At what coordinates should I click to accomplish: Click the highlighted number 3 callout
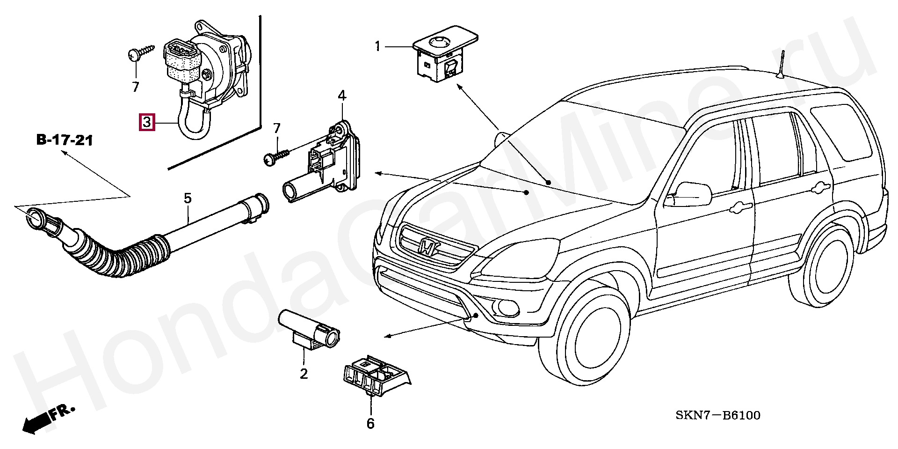click(x=147, y=122)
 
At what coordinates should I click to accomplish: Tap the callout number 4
click(x=342, y=96)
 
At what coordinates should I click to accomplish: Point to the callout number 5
click(x=187, y=198)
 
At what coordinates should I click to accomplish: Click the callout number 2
click(x=304, y=374)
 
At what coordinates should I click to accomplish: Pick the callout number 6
click(x=370, y=423)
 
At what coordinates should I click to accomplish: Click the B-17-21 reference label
click(x=65, y=140)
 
